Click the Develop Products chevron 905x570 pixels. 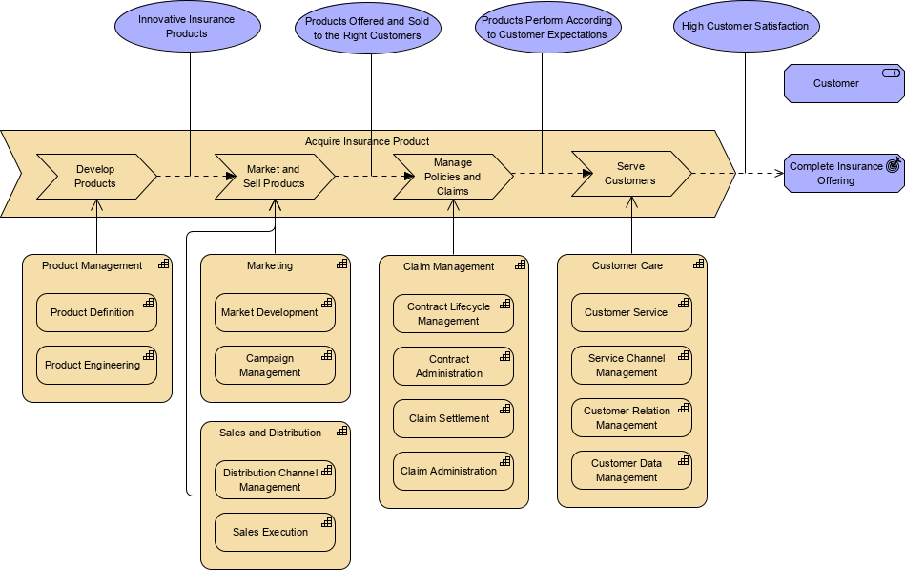95,177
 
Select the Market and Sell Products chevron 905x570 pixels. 275,177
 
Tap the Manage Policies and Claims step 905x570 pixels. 452,177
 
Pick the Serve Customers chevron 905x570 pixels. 630,174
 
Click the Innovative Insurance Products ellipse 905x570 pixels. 187,27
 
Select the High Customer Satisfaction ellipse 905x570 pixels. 745,27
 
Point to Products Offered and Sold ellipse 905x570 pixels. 367,29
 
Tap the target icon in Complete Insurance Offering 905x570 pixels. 893,165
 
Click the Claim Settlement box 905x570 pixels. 453,418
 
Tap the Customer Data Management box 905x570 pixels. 631,470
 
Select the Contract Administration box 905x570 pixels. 453,366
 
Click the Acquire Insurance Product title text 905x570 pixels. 367,141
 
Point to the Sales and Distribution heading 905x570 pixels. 270,433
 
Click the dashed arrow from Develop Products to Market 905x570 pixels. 195,176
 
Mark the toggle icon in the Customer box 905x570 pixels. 891,74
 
